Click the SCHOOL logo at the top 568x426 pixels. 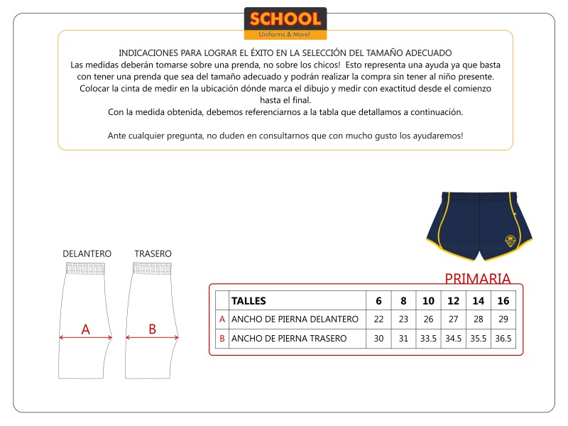click(285, 23)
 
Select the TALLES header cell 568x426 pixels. click(248, 301)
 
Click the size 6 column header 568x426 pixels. click(378, 301)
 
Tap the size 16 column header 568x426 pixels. click(503, 301)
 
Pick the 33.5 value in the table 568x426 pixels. click(428, 339)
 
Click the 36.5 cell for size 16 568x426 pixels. click(503, 339)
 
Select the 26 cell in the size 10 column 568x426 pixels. click(428, 319)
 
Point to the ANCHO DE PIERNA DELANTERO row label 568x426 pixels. click(295, 319)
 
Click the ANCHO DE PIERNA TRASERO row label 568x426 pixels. click(289, 339)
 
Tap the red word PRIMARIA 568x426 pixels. click(477, 278)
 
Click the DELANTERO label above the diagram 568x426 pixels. click(87, 253)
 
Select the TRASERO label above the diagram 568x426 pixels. click(153, 253)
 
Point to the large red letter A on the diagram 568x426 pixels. click(86, 329)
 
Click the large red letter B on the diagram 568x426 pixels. click(152, 329)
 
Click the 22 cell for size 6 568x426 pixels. click(378, 319)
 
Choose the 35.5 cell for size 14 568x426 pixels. click(478, 339)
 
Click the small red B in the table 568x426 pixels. click(222, 339)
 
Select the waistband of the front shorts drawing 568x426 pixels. click(87, 268)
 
